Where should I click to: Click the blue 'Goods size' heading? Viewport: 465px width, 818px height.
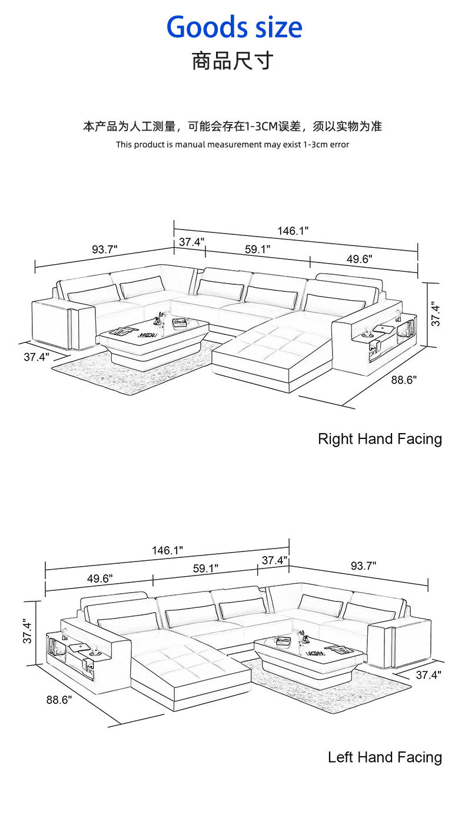(x=234, y=27)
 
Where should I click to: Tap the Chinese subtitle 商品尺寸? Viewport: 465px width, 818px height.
(x=232, y=61)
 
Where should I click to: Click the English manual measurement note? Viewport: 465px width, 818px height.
(x=232, y=144)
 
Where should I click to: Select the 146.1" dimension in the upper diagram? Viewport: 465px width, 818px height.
(x=293, y=231)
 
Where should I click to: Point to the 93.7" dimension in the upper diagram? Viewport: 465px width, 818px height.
(x=105, y=249)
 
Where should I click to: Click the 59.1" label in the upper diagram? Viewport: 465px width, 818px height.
(x=257, y=249)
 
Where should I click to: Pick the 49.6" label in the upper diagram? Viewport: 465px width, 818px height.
(x=359, y=259)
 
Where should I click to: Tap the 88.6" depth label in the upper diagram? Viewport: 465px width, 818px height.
(x=404, y=380)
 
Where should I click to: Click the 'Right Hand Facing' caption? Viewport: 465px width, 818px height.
(x=380, y=438)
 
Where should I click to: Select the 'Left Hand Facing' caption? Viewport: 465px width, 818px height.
(x=384, y=757)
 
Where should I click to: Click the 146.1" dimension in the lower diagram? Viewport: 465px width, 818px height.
(x=168, y=550)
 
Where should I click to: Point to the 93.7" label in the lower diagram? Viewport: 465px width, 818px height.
(x=363, y=566)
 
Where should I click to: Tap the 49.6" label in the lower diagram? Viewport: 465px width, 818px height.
(x=100, y=578)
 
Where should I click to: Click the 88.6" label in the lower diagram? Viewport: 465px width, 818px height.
(x=59, y=700)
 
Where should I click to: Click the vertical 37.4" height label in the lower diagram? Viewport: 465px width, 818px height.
(x=26, y=631)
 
